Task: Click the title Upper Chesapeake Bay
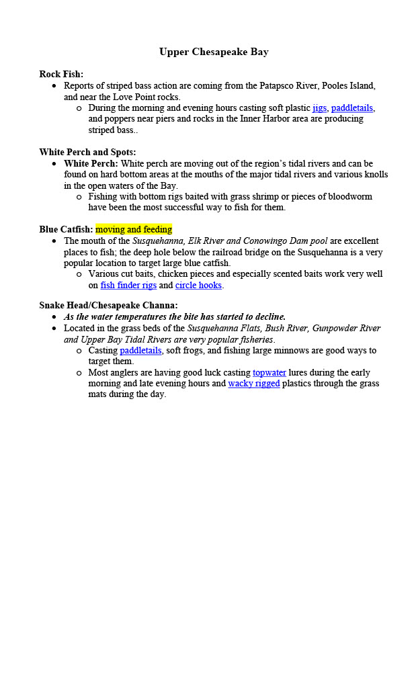point(214,52)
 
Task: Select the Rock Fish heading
point(61,74)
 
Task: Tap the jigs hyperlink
point(319,107)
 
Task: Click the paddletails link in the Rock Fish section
point(352,107)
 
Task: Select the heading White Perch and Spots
point(87,152)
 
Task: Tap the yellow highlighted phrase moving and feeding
point(134,229)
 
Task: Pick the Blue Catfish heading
point(65,229)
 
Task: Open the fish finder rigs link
point(128,285)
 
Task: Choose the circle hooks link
point(198,285)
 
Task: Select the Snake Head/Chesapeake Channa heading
point(108,305)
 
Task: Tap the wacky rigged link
point(254,384)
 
